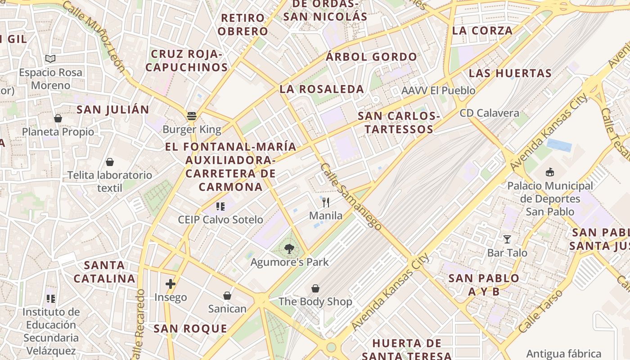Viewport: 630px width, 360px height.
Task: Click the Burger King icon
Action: (192, 116)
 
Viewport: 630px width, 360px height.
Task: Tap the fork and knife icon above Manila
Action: (326, 202)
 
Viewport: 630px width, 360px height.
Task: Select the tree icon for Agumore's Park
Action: (289, 248)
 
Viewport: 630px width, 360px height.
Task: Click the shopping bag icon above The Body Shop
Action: (315, 288)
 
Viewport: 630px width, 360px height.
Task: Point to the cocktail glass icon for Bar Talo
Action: (507, 239)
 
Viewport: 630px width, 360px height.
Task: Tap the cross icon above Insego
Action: (170, 284)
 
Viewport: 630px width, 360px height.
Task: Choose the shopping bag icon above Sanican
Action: (227, 296)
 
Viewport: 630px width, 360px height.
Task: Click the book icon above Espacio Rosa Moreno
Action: (50, 59)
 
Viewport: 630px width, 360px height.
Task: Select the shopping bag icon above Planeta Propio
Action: (58, 118)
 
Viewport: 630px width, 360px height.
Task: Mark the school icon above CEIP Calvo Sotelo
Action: (220, 207)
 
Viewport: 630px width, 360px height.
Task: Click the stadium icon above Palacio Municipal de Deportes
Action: (549, 172)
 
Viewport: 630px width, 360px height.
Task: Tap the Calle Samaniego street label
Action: (351, 196)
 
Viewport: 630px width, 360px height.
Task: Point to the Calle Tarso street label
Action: (540, 311)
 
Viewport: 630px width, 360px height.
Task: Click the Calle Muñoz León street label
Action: (94, 36)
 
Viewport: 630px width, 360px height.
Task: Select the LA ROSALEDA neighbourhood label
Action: (322, 89)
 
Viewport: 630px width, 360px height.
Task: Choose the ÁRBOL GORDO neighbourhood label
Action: (372, 57)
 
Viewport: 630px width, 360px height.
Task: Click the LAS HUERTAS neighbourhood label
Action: (510, 73)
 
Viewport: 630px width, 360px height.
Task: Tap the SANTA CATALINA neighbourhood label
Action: (104, 272)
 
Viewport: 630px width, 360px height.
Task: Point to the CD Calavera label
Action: (489, 113)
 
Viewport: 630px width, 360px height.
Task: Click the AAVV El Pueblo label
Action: (438, 90)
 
